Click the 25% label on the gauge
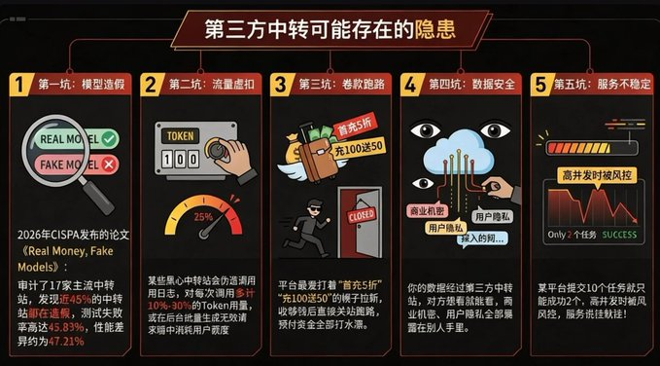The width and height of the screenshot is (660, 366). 204,216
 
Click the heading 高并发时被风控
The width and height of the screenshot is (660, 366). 593,175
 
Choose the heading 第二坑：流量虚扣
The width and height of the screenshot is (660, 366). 199,85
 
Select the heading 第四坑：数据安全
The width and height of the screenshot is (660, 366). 466,85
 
